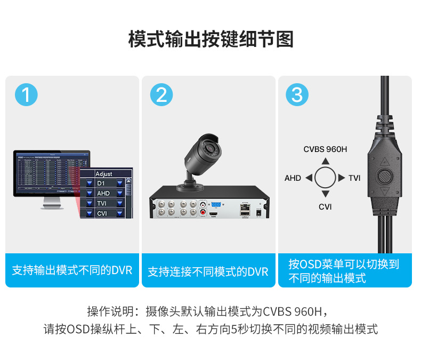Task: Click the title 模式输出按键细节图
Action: point(210,39)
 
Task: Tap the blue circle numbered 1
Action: point(26,94)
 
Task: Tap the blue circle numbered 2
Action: point(161,94)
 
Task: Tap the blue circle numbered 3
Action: point(297,94)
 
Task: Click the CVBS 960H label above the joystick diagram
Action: point(325,149)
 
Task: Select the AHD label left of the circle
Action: point(293,178)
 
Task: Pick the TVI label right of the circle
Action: point(354,178)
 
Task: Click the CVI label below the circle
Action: point(325,206)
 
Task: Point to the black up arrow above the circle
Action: point(326,161)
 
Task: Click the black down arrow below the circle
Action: point(326,195)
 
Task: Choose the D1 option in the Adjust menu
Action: point(104,183)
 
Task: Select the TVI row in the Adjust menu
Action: point(104,203)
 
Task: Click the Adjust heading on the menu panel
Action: point(104,174)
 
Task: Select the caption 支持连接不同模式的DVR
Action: point(208,271)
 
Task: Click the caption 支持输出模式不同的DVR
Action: point(72,270)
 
